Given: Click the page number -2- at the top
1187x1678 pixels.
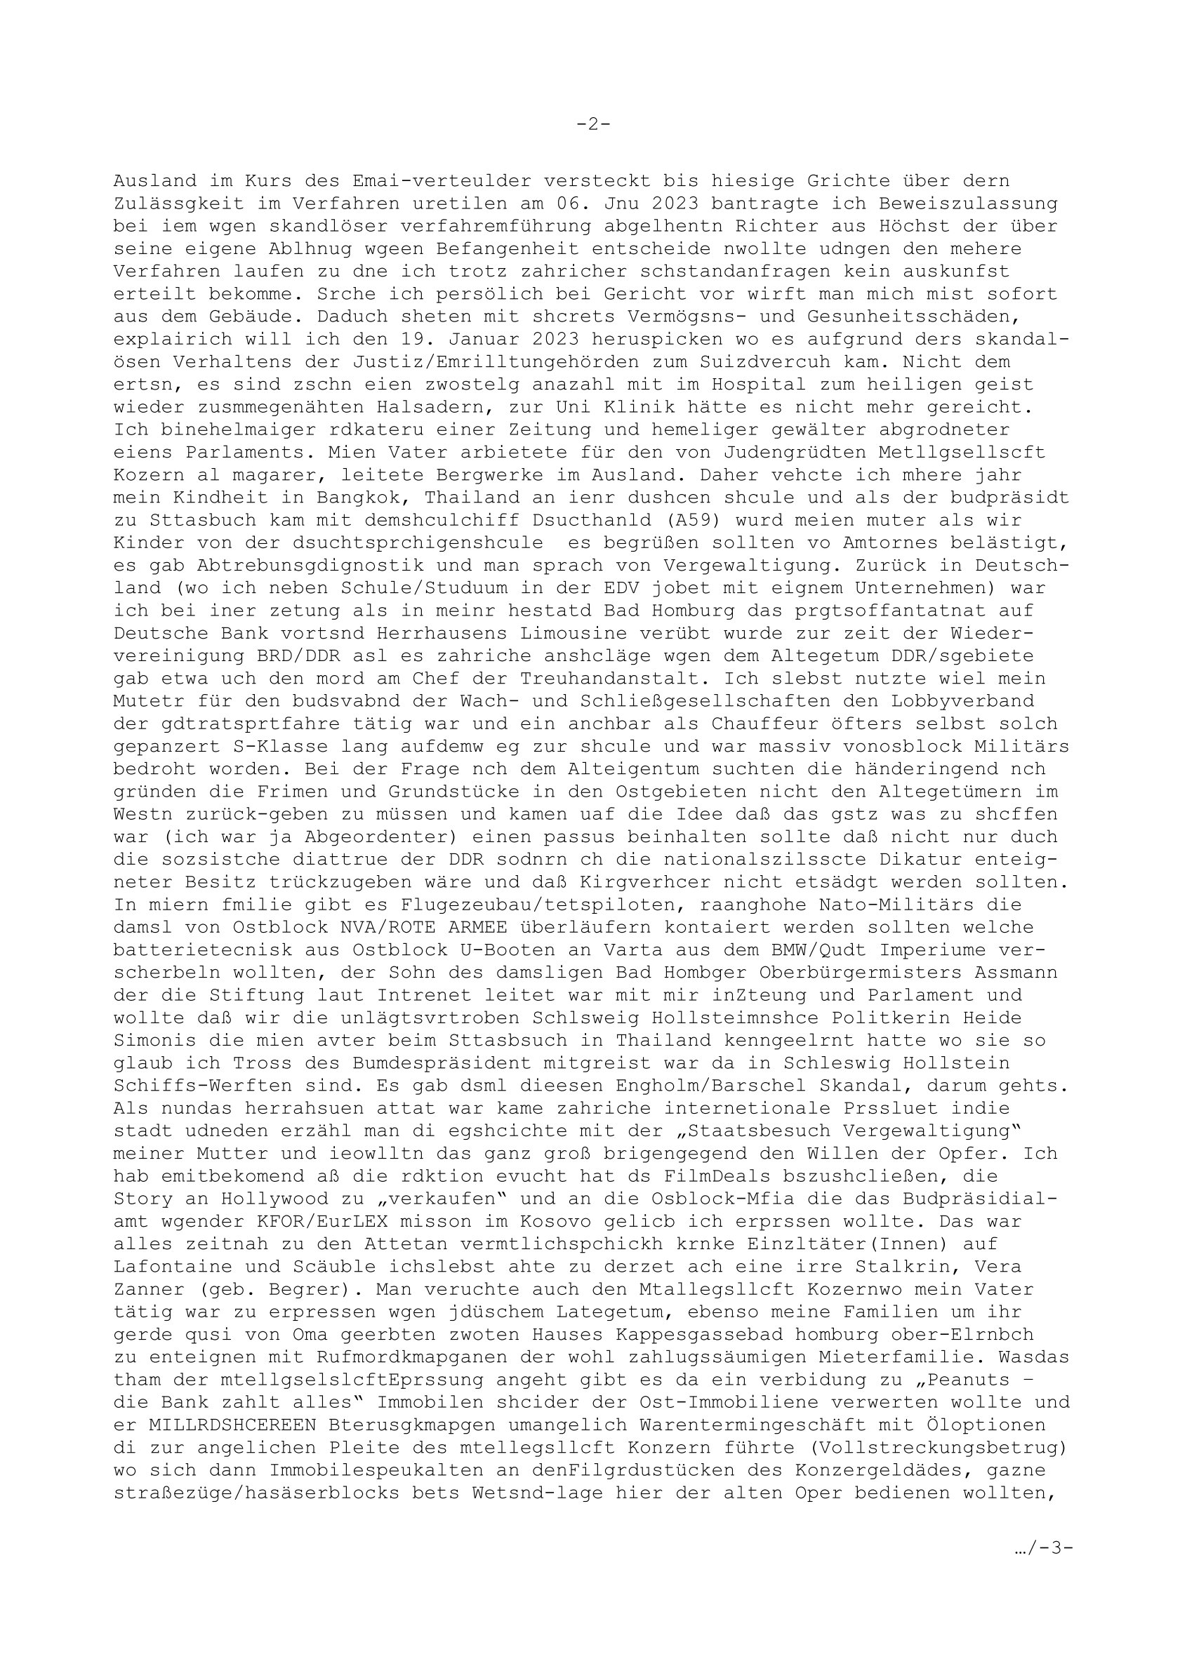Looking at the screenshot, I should pyautogui.click(x=592, y=124).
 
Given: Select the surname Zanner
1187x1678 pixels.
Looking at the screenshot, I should pyautogui.click(x=149, y=1289).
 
